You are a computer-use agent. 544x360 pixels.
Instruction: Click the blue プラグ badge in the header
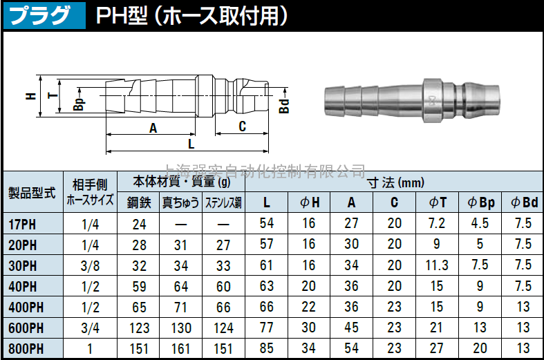pyautogui.click(x=44, y=16)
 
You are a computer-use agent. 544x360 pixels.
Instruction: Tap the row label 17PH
pyautogui.click(x=22, y=225)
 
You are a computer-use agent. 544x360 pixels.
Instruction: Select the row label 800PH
pyautogui.click(x=26, y=349)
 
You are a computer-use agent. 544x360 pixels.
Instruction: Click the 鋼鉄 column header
pyautogui.click(x=139, y=202)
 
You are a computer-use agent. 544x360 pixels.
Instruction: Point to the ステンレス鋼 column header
pyautogui.click(x=223, y=202)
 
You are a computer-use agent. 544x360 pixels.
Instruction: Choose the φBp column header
pyautogui.click(x=481, y=202)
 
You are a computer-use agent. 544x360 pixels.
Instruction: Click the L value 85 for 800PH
pyautogui.click(x=266, y=348)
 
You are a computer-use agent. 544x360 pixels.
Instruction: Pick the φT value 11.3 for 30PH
pyautogui.click(x=437, y=265)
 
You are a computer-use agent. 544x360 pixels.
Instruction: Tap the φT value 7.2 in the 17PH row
pyautogui.click(x=437, y=223)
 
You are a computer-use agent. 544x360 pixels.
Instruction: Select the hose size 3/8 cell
pyautogui.click(x=90, y=266)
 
